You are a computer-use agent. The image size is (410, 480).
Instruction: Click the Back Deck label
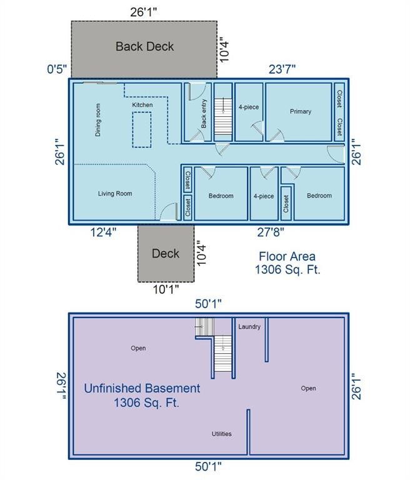(x=144, y=46)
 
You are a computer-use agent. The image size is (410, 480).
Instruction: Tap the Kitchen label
(x=142, y=105)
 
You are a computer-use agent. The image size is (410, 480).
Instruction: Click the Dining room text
(x=98, y=120)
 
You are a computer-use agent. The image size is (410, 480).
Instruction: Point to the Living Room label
(x=115, y=194)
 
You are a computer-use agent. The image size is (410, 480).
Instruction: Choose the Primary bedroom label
(x=300, y=112)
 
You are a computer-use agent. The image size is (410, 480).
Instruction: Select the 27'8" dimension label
(x=270, y=232)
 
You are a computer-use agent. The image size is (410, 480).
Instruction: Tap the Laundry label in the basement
(x=249, y=327)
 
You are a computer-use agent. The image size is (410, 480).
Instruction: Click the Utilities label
(x=221, y=434)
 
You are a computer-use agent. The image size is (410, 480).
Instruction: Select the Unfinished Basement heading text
(x=142, y=388)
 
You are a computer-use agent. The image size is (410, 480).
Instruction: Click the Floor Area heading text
(x=287, y=256)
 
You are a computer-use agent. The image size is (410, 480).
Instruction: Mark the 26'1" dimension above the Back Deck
(x=144, y=11)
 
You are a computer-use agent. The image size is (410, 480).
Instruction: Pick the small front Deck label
(x=165, y=253)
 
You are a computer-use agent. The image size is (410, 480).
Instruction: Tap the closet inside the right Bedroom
(x=286, y=203)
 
